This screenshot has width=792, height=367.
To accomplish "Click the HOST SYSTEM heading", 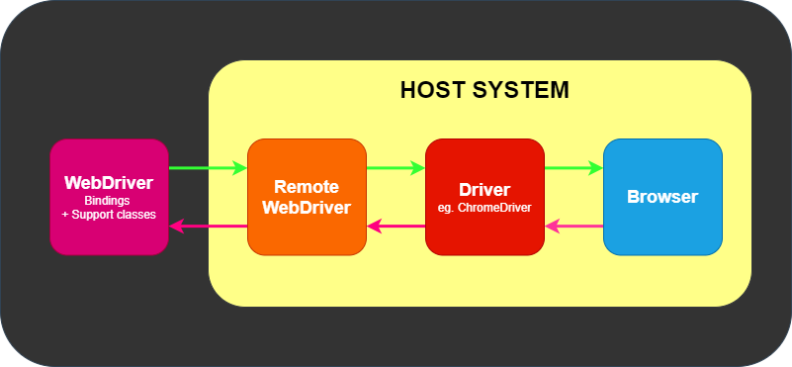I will coord(484,90).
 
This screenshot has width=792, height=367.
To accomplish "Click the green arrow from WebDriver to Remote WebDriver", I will coord(208,168).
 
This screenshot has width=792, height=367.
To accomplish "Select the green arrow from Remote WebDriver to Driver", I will coord(396,168).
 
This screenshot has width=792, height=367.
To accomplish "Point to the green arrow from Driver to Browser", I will coord(573,168).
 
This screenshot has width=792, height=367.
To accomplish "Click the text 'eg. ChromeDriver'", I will coord(484,208).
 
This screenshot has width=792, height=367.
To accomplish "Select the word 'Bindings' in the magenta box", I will coord(109,201).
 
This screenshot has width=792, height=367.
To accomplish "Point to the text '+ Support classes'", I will coord(109,214).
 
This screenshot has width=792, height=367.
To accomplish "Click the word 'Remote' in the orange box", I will coord(307,187).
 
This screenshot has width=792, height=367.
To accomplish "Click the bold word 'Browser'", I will coord(662,197).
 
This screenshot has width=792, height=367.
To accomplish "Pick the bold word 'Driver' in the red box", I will coord(484,190).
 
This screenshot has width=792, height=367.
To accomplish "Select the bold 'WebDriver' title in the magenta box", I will coord(109,183).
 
